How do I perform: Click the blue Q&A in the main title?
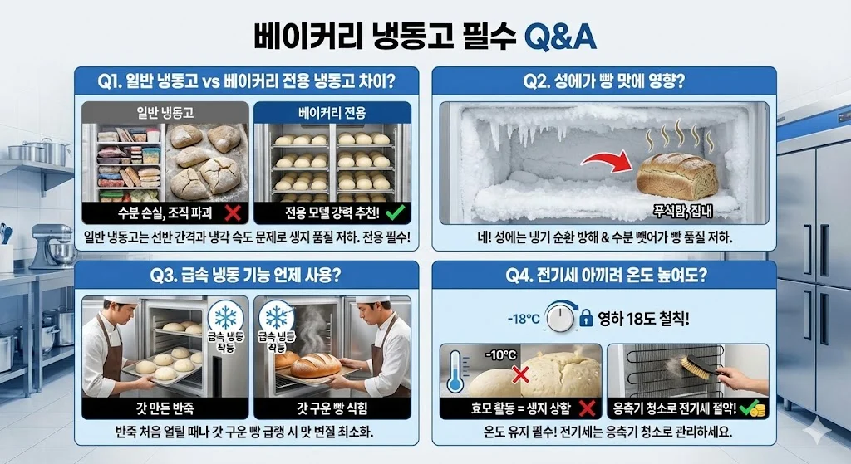pyautogui.click(x=560, y=37)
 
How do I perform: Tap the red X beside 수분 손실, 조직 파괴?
pyautogui.click(x=233, y=212)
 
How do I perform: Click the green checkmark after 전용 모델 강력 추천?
pyautogui.click(x=395, y=212)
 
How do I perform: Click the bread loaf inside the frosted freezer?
pyautogui.click(x=676, y=175)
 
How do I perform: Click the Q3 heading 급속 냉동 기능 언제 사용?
pyautogui.click(x=246, y=275)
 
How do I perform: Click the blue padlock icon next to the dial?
pyautogui.click(x=586, y=318)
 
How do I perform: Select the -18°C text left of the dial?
pyautogui.click(x=524, y=319)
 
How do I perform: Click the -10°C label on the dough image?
pyautogui.click(x=500, y=355)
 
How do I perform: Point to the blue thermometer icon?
pyautogui.click(x=455, y=371)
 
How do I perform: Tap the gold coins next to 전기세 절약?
pyautogui.click(x=757, y=409)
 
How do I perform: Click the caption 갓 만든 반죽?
pyautogui.click(x=165, y=408)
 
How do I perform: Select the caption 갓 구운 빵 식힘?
pyautogui.click(x=332, y=408)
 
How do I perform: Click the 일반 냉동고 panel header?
pyautogui.click(x=165, y=112)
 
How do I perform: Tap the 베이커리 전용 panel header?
pyautogui.click(x=332, y=112)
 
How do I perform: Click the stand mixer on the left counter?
pyautogui.click(x=52, y=247)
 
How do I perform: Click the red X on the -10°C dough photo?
pyautogui.click(x=520, y=374)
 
